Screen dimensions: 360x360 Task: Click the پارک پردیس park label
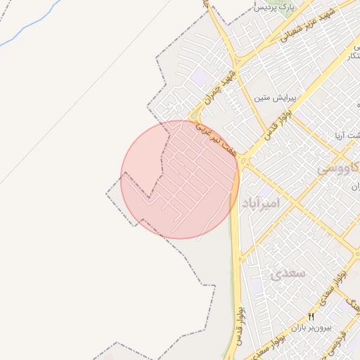coord(272,7)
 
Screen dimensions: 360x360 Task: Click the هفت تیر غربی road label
coord(214,139)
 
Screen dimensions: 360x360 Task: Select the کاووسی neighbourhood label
coord(339,169)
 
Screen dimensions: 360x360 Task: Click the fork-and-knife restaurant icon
coord(311,317)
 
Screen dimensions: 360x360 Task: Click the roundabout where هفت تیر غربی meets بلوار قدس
coord(243,161)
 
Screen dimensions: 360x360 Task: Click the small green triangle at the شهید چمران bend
coord(193,116)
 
